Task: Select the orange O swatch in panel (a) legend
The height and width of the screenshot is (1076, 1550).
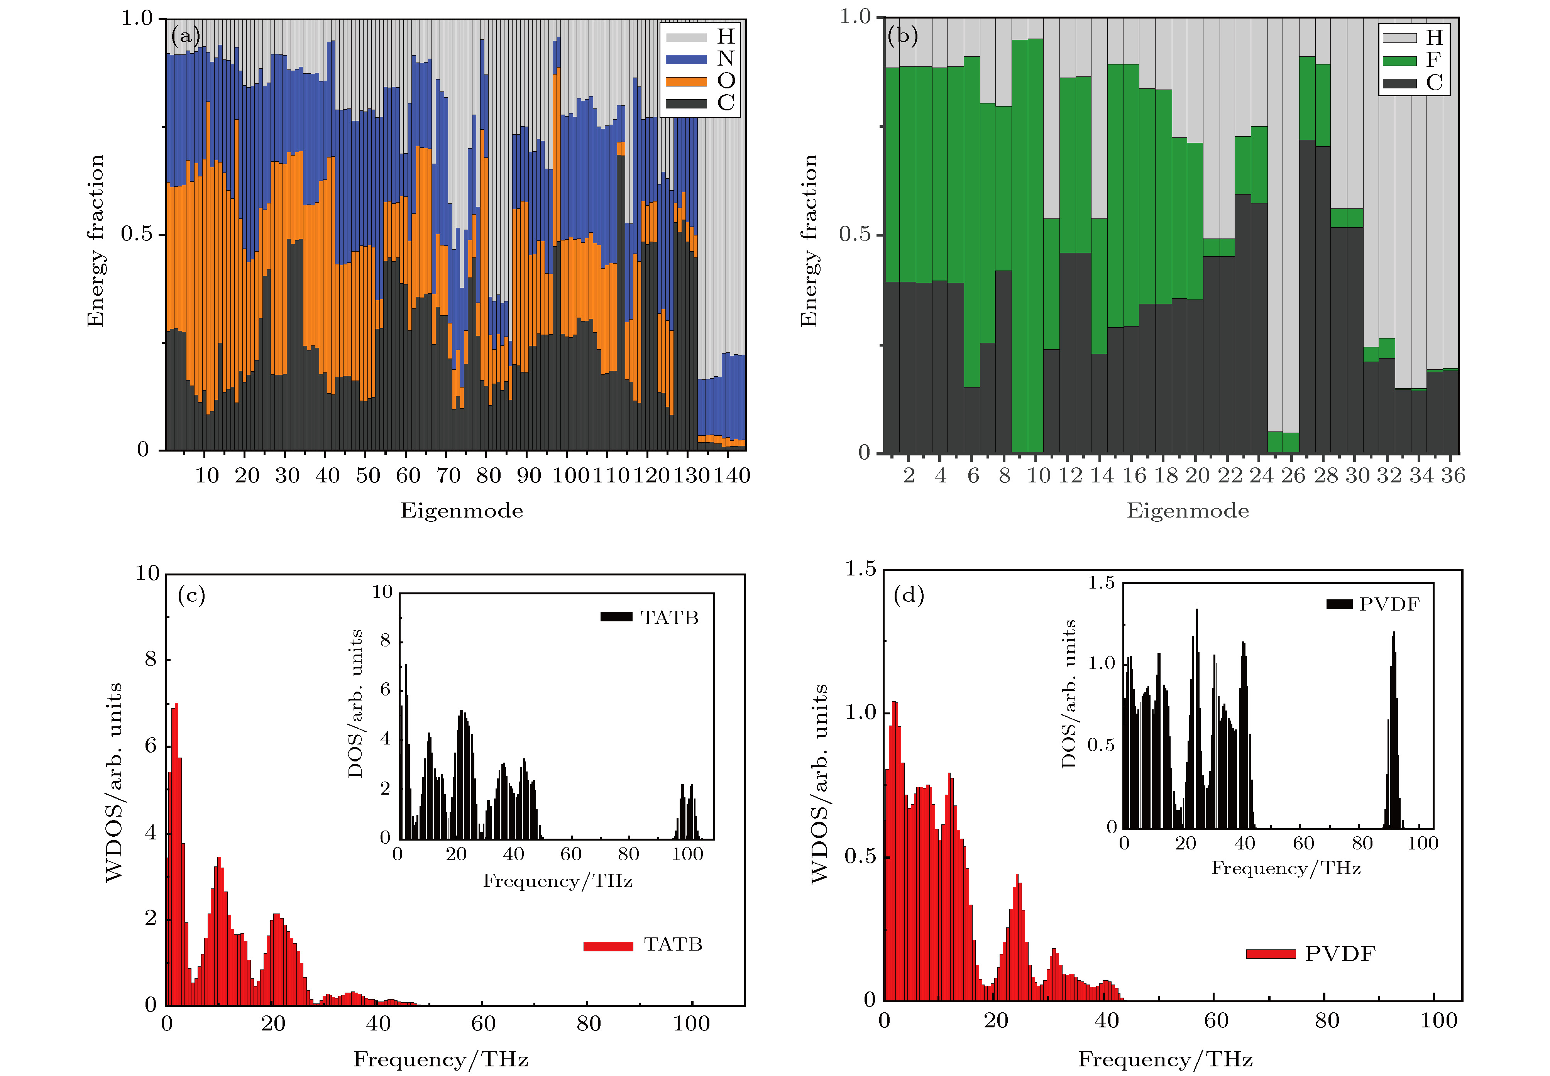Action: tap(686, 81)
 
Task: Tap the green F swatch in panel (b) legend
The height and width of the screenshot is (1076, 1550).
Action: tap(1399, 61)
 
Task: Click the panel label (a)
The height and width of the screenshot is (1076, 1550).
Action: tap(185, 35)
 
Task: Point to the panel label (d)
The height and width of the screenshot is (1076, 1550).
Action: tap(908, 595)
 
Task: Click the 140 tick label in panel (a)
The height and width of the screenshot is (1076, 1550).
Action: tap(731, 475)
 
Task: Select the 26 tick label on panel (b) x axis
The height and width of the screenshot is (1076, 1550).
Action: tap(1293, 475)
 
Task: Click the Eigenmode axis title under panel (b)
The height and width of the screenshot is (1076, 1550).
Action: tap(1187, 510)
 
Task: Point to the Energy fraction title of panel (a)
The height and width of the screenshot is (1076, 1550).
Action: tap(95, 241)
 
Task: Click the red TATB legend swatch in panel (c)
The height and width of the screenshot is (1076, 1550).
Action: tap(608, 946)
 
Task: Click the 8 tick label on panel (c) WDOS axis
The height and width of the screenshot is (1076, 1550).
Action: tap(151, 659)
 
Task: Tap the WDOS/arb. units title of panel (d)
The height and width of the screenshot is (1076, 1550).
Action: tap(819, 783)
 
